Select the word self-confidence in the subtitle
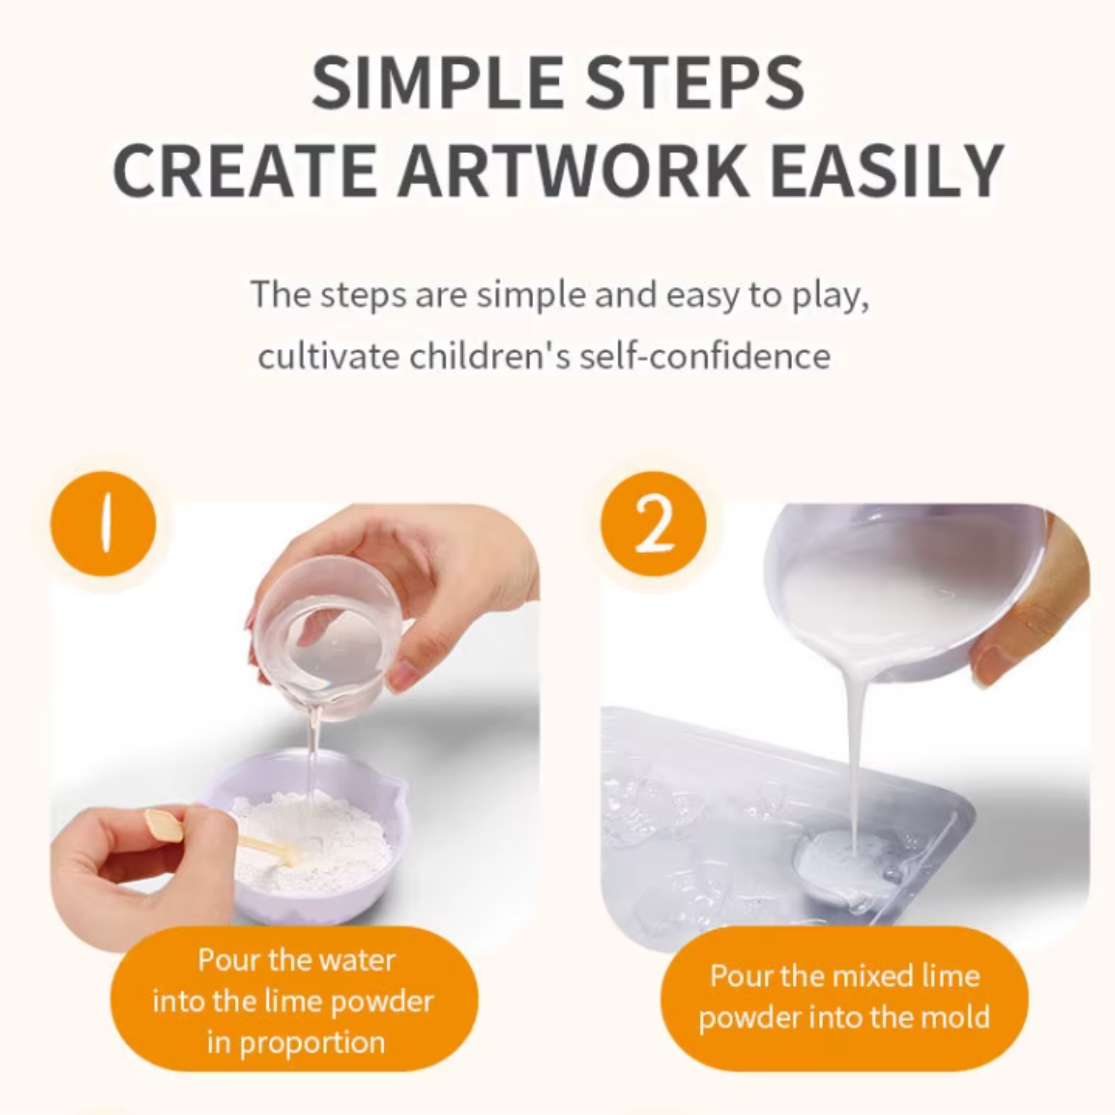[705, 356]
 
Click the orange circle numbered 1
[104, 524]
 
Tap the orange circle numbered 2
[653, 524]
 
